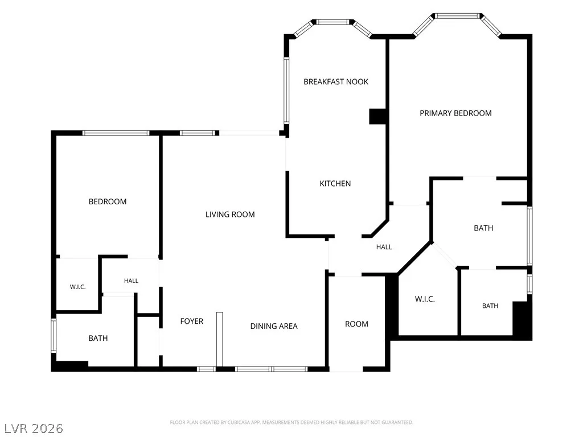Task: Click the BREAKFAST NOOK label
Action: [x=336, y=82]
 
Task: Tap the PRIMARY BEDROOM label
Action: [x=455, y=113]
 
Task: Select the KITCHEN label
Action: [x=335, y=184]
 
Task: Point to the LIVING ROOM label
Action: [x=230, y=215]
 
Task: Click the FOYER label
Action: [x=191, y=321]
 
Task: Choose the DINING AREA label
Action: [x=274, y=326]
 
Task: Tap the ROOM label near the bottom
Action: [x=356, y=324]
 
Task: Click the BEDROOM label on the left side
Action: [x=108, y=202]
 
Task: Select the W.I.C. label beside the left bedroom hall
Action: [x=77, y=287]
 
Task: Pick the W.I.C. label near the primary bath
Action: [x=425, y=299]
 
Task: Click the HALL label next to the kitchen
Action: [x=384, y=247]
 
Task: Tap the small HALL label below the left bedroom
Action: [x=131, y=281]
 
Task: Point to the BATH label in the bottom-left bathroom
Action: [x=98, y=338]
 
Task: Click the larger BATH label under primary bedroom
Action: [x=483, y=228]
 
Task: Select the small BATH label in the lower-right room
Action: [x=490, y=306]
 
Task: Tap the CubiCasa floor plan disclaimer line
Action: [x=291, y=423]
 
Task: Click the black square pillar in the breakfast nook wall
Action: [x=377, y=116]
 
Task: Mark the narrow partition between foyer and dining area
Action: [x=220, y=339]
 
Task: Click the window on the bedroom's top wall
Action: [x=116, y=133]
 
